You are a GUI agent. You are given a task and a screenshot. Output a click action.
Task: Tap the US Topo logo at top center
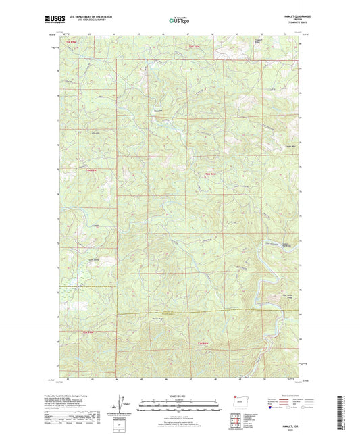click(x=179, y=21)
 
